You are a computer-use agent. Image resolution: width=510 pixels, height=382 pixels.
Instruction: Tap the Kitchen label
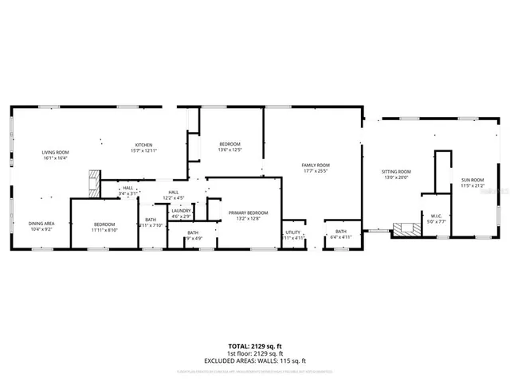[x=143, y=144]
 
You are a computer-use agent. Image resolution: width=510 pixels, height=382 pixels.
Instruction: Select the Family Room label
[x=316, y=165]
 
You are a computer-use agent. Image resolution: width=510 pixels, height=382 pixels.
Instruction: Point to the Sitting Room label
[x=395, y=172]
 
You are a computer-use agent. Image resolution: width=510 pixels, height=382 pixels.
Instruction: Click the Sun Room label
[x=473, y=181]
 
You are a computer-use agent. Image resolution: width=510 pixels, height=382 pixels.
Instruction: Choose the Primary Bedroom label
[x=248, y=212]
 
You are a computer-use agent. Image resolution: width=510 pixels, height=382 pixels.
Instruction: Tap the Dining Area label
[x=41, y=224]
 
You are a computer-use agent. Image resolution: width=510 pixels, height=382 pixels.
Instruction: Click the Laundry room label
[x=181, y=210]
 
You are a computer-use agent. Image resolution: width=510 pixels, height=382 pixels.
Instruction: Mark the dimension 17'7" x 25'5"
[x=316, y=170]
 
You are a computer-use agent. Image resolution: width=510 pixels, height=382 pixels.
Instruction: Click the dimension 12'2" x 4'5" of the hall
[x=174, y=197]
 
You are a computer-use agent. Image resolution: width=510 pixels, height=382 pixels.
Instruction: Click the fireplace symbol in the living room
[x=94, y=184]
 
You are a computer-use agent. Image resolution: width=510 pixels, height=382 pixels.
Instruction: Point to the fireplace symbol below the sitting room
[x=406, y=229]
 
